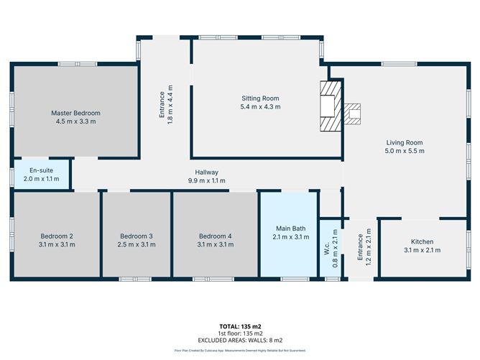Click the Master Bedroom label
click(x=75, y=114)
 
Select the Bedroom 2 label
click(x=55, y=236)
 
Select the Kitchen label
click(x=422, y=241)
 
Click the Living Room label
click(x=405, y=142)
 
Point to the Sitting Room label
click(x=259, y=98)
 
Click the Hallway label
click(x=206, y=172)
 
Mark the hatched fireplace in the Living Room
click(x=352, y=114)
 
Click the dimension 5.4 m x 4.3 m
click(x=259, y=107)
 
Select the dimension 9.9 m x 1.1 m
click(x=206, y=181)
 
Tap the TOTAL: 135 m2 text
click(x=240, y=327)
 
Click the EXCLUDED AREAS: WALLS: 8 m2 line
click(x=240, y=340)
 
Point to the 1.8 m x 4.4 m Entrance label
click(x=166, y=105)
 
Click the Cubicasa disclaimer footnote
click(x=240, y=351)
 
